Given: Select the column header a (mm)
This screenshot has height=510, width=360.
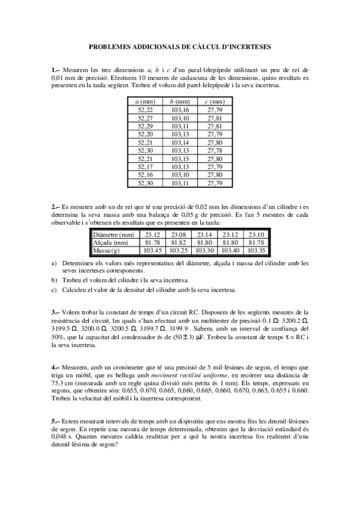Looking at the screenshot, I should tap(145, 102).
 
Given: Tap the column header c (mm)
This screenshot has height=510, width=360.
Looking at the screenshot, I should tap(215, 102).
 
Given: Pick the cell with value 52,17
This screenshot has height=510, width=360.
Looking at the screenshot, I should tap(145, 167).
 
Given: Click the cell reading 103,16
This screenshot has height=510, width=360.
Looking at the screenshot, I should tap(180, 109).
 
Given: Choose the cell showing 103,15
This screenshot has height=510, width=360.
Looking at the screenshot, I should tap(180, 158).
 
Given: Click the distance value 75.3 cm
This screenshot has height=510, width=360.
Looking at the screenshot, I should tap(62, 383).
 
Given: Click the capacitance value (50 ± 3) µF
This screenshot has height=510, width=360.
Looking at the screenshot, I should tap(200, 337).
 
